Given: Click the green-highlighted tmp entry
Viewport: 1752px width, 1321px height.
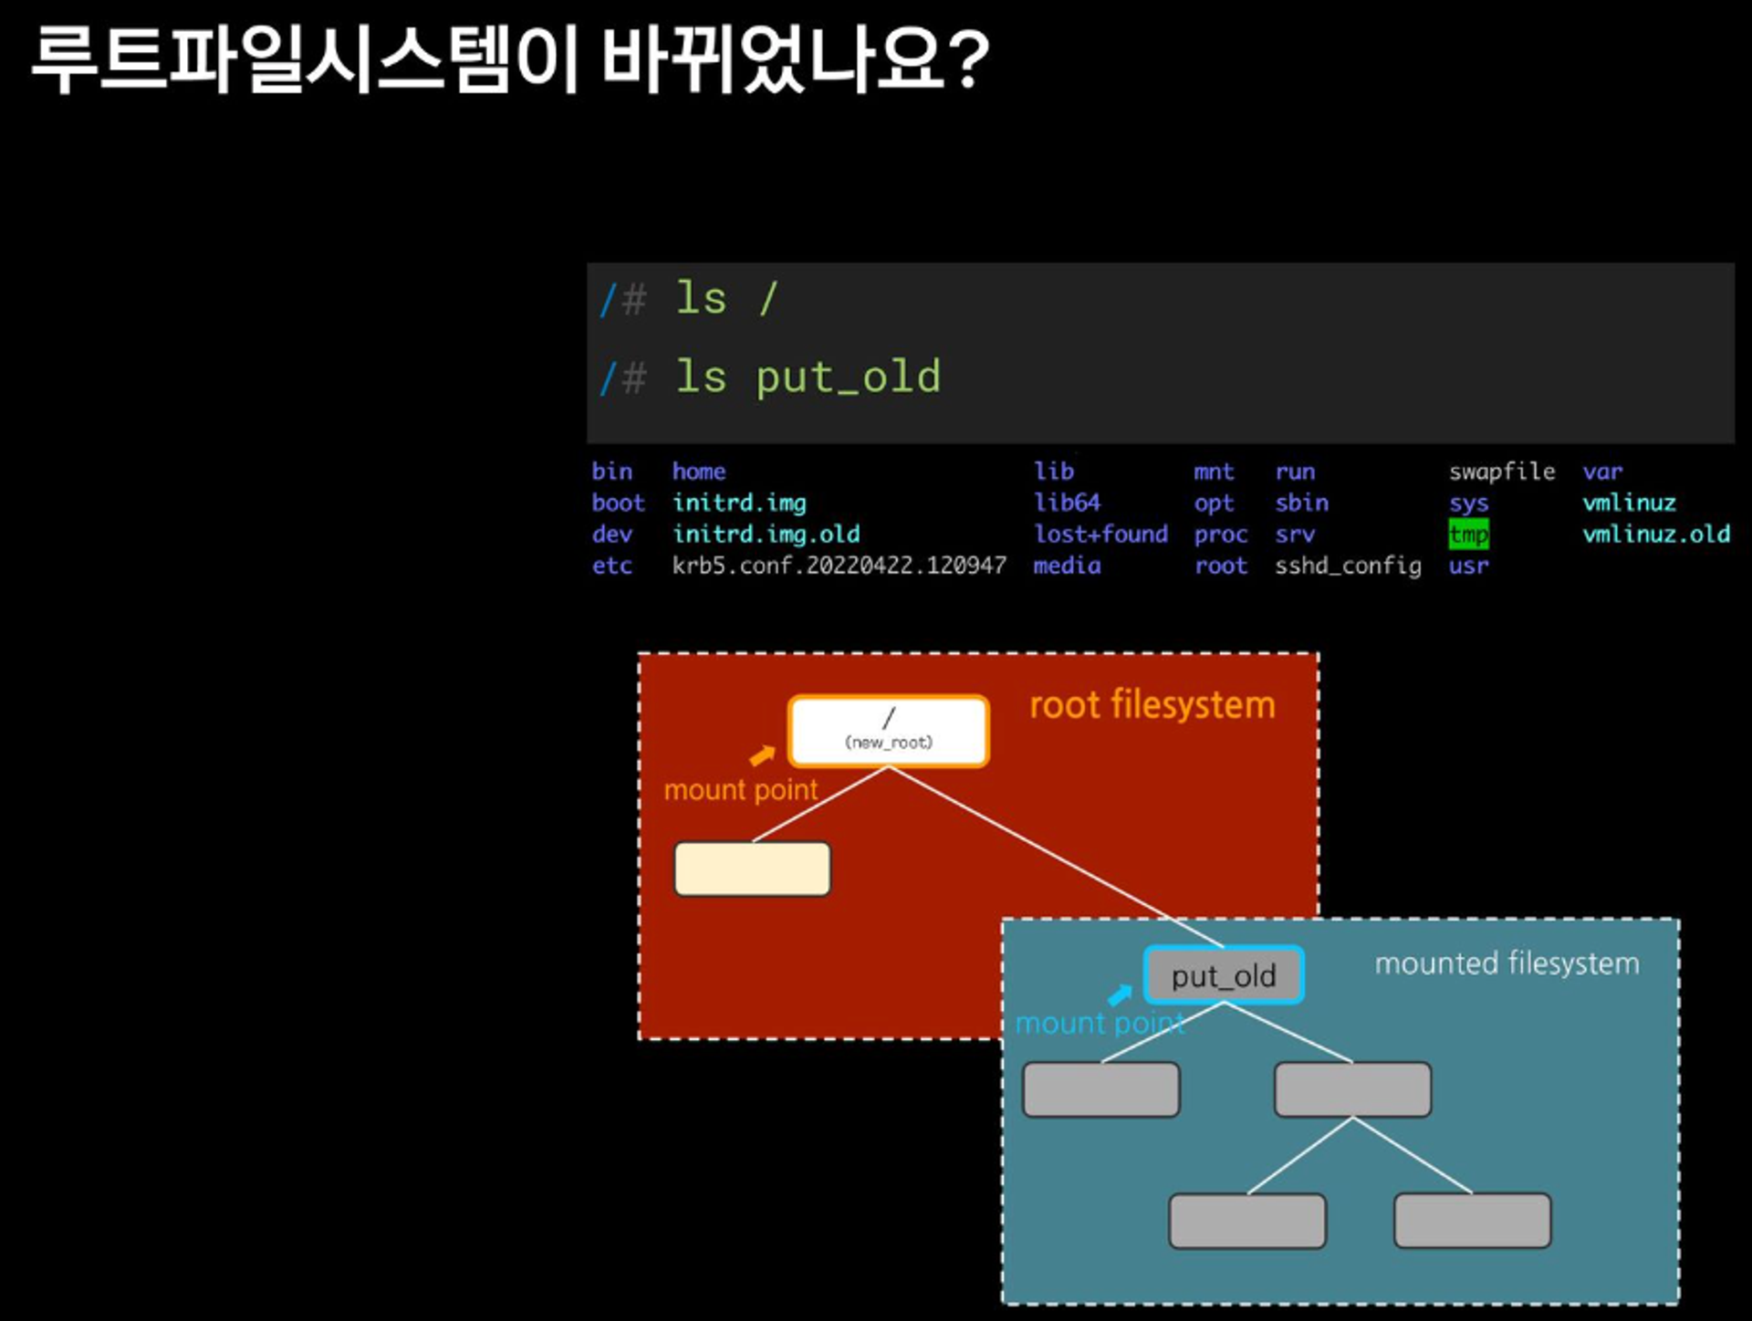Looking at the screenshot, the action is (x=1468, y=534).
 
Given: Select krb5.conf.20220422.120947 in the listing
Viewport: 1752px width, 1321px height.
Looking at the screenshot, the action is (x=839, y=566).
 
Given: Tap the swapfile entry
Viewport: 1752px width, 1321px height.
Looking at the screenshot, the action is (x=1502, y=472).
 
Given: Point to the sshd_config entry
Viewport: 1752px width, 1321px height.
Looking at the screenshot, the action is (x=1348, y=566).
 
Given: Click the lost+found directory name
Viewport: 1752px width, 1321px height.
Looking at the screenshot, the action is (x=1100, y=534).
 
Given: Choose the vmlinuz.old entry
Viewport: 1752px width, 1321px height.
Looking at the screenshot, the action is (x=1656, y=534).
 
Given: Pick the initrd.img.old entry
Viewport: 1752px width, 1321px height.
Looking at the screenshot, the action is (x=766, y=534).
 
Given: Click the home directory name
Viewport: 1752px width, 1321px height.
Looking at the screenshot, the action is (x=699, y=472).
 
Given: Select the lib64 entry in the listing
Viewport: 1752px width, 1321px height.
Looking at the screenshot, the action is (x=1067, y=503).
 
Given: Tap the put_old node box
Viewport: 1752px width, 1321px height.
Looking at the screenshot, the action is (x=1224, y=975).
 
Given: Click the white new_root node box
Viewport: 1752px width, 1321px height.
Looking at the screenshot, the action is (x=889, y=731).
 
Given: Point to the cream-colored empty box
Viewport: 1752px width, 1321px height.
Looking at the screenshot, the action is (x=752, y=869).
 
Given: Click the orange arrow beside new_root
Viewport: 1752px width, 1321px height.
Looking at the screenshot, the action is (x=762, y=755).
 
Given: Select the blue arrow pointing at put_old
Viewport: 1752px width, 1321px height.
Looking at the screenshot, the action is (x=1120, y=994).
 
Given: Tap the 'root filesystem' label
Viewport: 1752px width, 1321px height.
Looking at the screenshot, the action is (x=1152, y=705).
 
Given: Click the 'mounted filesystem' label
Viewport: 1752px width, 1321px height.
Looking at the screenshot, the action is (x=1507, y=963).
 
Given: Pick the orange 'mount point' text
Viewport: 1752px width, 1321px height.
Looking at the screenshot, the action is (x=741, y=790).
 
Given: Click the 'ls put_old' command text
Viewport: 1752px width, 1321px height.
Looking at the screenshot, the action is (x=808, y=377).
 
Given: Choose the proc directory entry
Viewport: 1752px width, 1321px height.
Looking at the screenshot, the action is (x=1221, y=535).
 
